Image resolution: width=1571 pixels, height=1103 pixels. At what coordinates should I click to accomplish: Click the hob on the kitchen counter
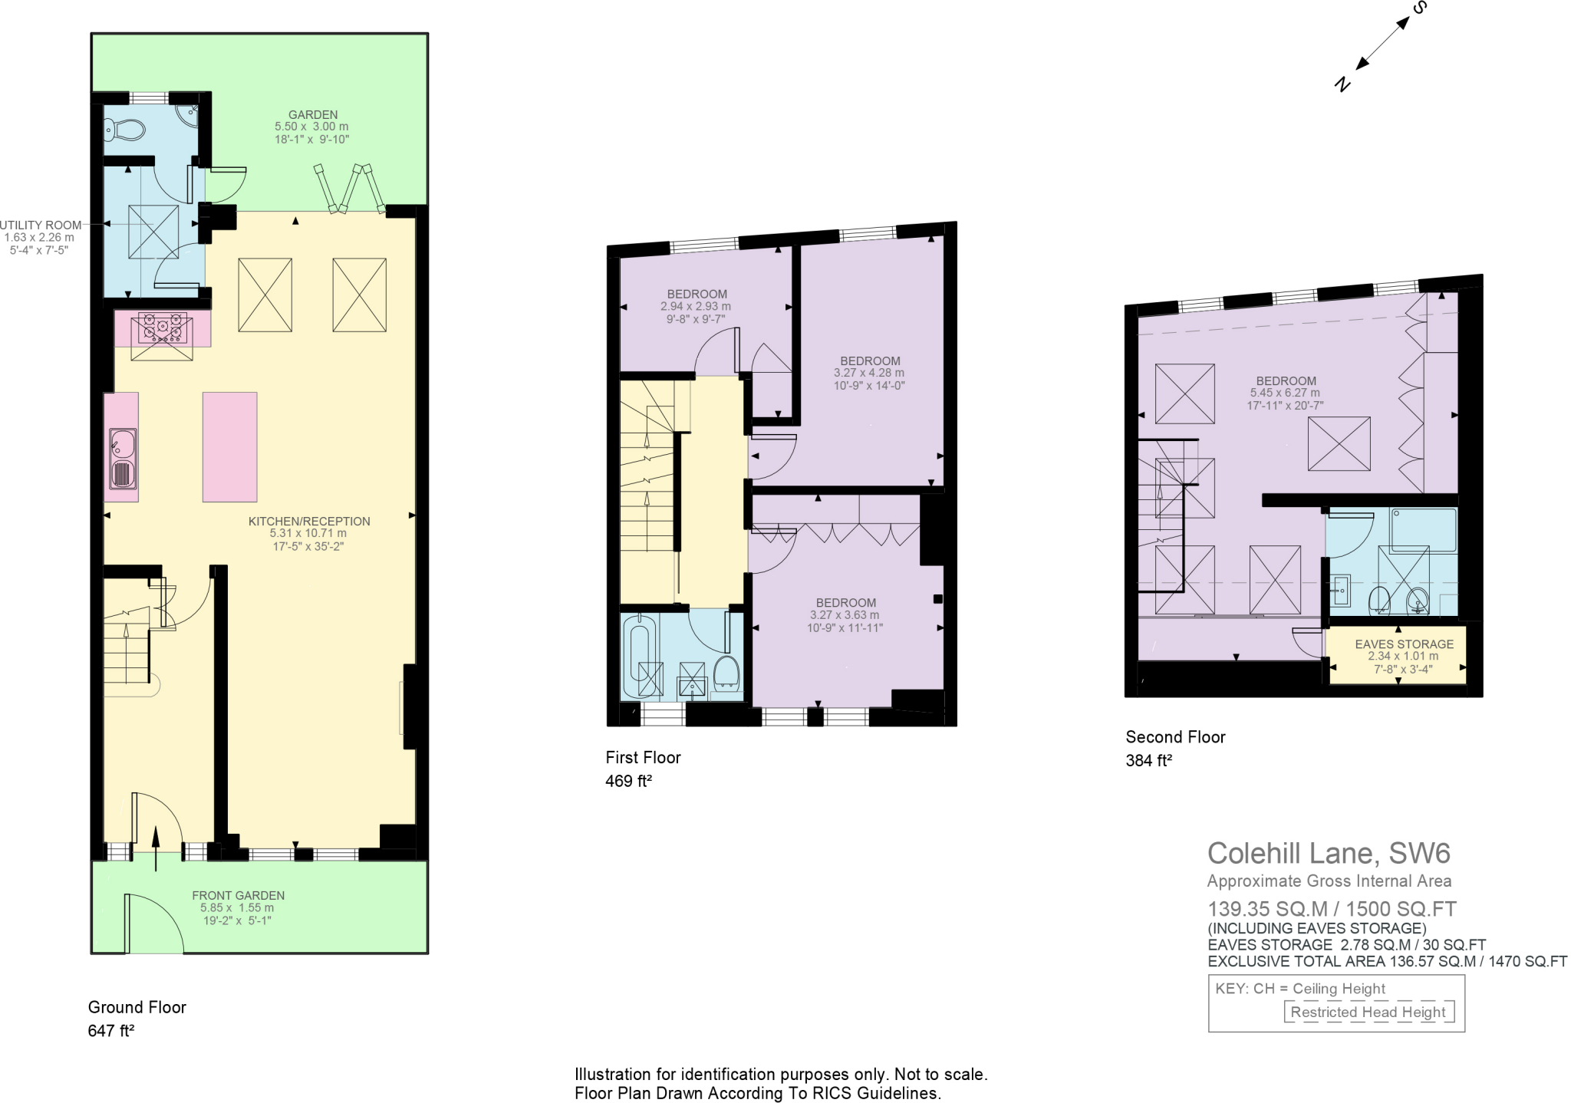(x=162, y=329)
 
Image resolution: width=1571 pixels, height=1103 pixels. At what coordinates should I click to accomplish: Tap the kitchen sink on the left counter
(x=123, y=459)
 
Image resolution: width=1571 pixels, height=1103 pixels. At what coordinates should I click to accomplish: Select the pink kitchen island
(x=229, y=446)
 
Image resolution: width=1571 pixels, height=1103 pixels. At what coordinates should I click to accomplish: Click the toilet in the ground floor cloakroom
(x=124, y=130)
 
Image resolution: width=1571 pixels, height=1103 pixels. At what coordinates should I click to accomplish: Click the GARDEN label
(x=313, y=115)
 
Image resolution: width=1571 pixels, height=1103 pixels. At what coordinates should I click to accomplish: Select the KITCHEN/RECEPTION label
(x=309, y=522)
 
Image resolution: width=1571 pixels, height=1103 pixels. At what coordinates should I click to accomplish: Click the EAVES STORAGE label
(x=1404, y=644)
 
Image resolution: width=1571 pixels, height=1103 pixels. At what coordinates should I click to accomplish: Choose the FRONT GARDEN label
(x=238, y=895)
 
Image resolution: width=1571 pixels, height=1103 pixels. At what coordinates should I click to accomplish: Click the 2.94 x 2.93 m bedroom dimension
(x=696, y=306)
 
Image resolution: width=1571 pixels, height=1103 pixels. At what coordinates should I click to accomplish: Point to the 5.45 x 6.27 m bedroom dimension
(x=1286, y=393)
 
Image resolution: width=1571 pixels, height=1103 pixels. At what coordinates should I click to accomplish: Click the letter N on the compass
(x=1342, y=84)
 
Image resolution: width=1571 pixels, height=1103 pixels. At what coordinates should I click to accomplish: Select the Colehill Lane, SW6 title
(x=1329, y=853)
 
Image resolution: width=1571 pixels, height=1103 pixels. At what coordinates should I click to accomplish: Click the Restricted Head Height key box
(x=1368, y=1012)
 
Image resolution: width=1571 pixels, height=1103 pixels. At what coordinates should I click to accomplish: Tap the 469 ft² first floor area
(x=628, y=782)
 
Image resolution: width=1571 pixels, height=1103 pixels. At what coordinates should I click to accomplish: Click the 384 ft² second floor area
(x=1148, y=761)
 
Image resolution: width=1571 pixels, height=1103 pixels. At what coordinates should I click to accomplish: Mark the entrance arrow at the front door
(x=156, y=848)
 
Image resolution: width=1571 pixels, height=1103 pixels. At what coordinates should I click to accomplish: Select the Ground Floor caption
(x=137, y=1007)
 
